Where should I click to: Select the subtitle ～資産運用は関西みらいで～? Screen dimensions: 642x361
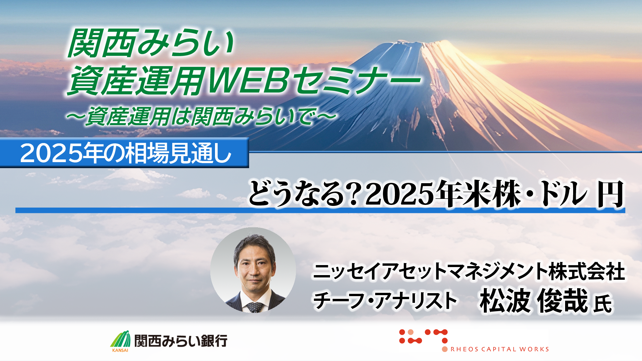(x=201, y=116)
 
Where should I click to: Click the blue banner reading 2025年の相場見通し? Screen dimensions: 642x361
(x=124, y=153)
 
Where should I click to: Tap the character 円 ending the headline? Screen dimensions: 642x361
(x=611, y=194)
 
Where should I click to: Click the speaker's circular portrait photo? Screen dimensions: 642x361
(x=253, y=270)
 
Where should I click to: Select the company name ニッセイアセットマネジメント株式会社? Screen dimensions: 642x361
(x=469, y=271)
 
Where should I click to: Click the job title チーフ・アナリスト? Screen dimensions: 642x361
(x=385, y=300)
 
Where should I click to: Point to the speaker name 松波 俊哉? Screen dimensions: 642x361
(x=534, y=300)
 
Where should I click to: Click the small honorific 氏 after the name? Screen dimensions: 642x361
(x=603, y=303)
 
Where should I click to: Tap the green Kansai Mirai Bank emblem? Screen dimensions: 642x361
(x=120, y=340)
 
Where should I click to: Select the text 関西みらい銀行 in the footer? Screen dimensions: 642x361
(x=181, y=341)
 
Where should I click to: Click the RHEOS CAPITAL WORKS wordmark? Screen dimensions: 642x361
(x=500, y=349)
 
